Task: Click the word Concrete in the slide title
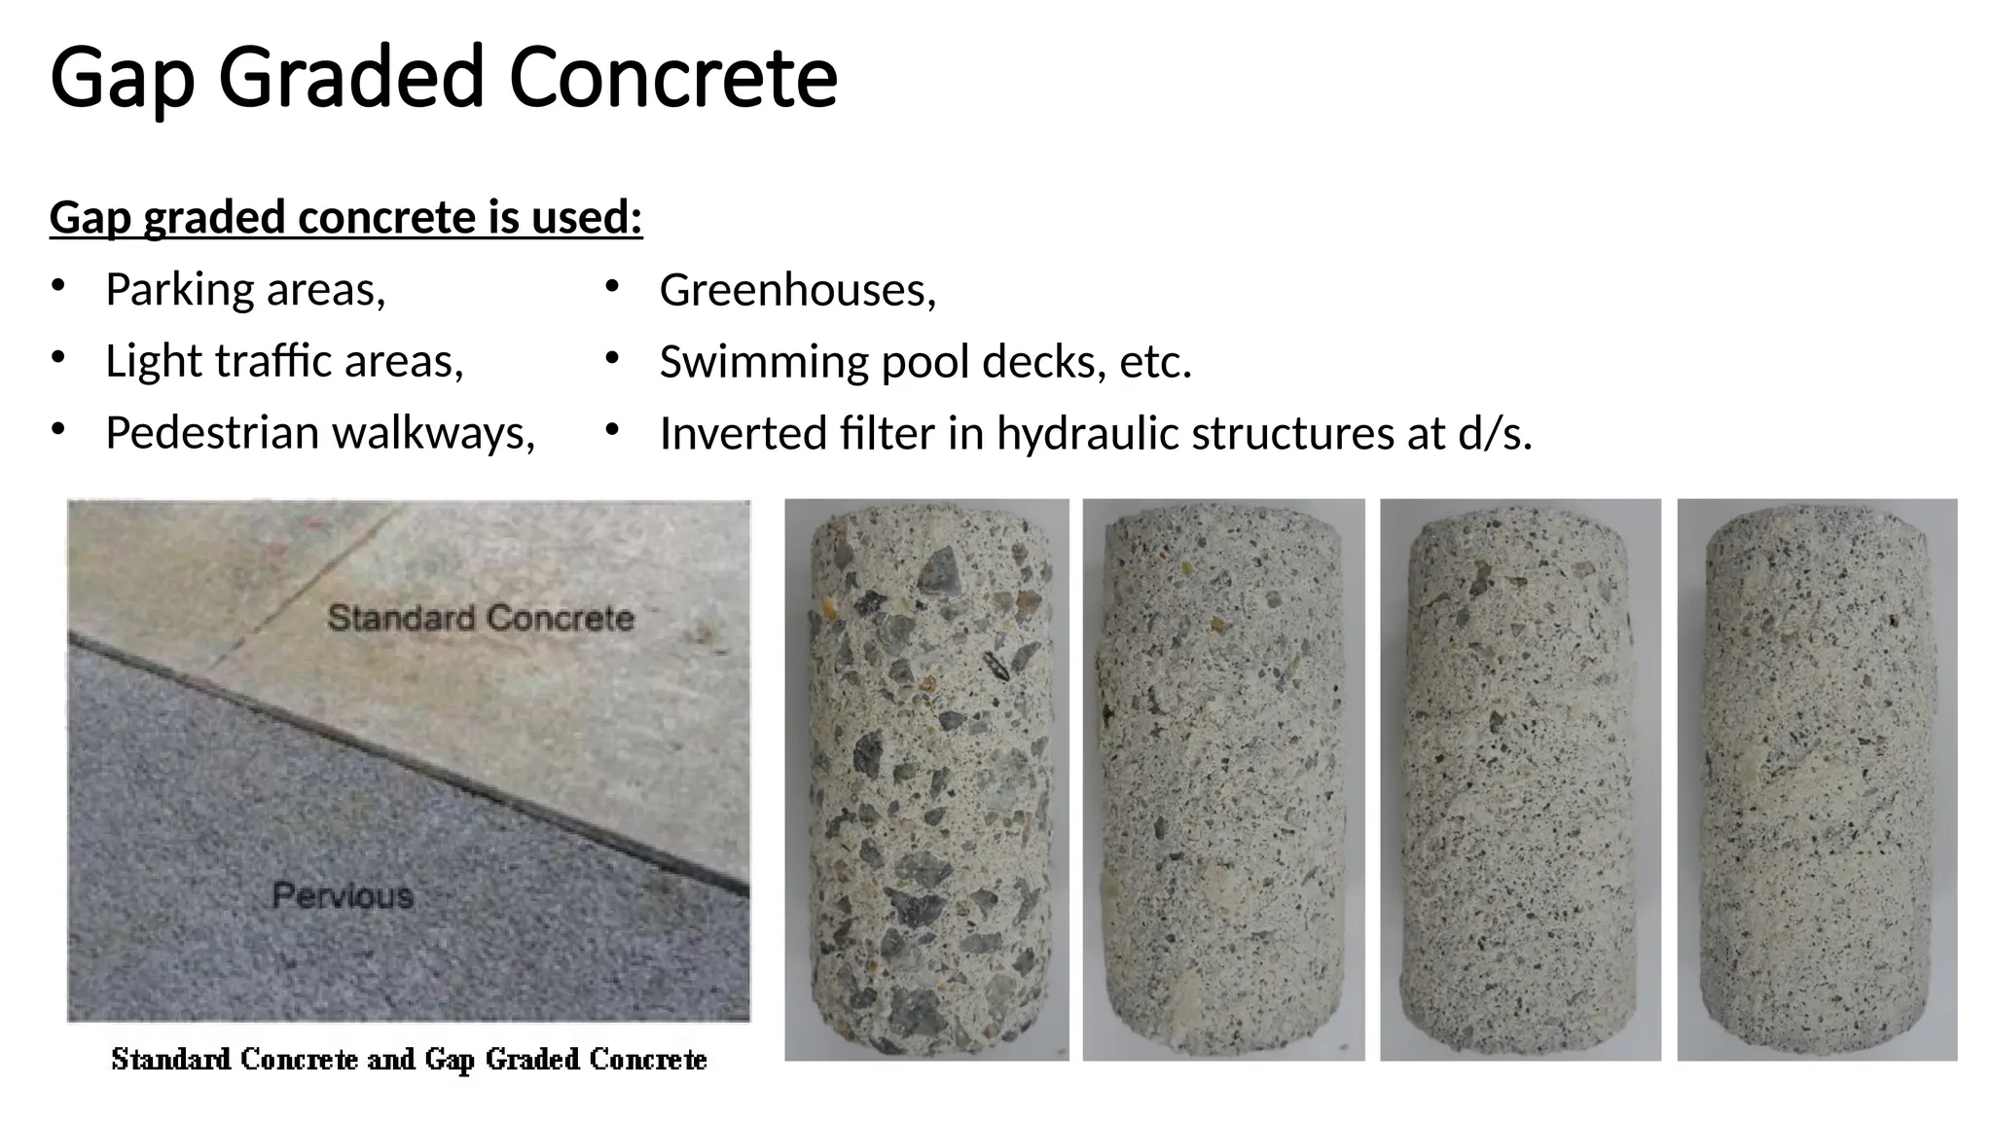coord(672,78)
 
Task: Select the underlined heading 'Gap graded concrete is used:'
coord(345,217)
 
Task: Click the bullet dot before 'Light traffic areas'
coord(58,359)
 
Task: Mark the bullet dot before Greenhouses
coord(611,287)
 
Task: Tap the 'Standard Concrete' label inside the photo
coord(481,618)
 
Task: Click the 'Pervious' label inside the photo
coord(343,895)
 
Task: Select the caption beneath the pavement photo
coord(409,1059)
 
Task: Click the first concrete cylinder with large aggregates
coord(926,778)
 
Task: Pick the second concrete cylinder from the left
coord(1223,778)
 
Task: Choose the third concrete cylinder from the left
coord(1520,778)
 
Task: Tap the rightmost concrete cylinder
coord(1817,778)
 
